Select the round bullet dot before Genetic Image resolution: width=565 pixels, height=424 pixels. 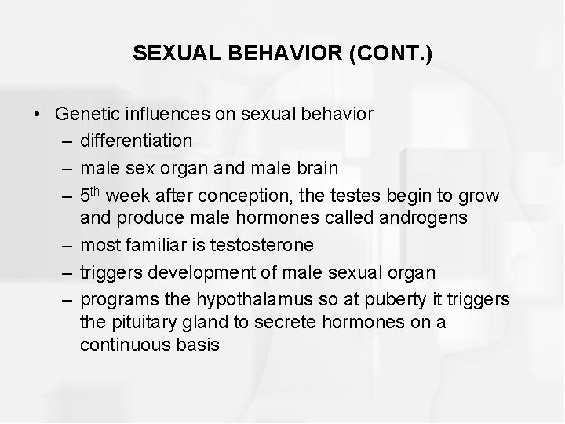pyautogui.click(x=38, y=115)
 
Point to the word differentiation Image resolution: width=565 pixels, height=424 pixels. pyautogui.click(x=136, y=141)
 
